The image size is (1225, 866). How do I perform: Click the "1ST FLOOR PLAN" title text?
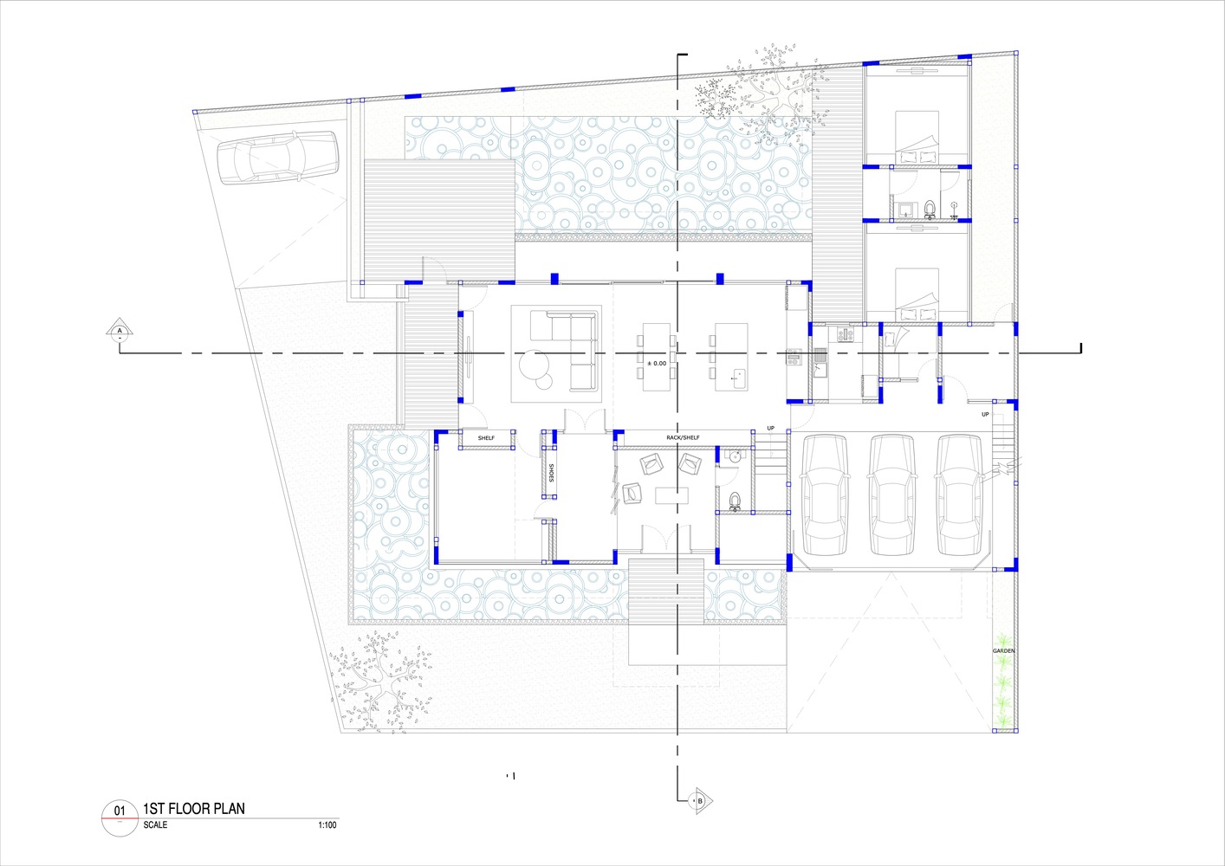tap(194, 809)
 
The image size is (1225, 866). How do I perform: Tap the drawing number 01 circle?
tap(120, 812)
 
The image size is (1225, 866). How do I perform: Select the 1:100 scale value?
tap(327, 825)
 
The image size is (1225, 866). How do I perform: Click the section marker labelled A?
tap(120, 331)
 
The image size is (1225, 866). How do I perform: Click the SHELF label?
tap(486, 438)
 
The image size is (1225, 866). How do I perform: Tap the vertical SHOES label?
tap(550, 474)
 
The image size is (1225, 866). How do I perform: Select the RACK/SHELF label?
tap(683, 438)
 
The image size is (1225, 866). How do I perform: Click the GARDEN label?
tap(1003, 650)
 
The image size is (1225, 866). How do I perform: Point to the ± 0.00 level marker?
tap(657, 364)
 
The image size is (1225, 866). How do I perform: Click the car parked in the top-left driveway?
tap(275, 157)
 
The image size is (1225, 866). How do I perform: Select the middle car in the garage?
tap(892, 494)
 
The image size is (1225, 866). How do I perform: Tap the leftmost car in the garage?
tap(825, 494)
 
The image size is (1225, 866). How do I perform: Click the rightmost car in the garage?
tap(961, 494)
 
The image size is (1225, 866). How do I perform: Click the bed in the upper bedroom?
tap(916, 136)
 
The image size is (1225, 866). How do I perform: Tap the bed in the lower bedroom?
tap(916, 294)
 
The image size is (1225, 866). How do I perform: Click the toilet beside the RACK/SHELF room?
tap(735, 501)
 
